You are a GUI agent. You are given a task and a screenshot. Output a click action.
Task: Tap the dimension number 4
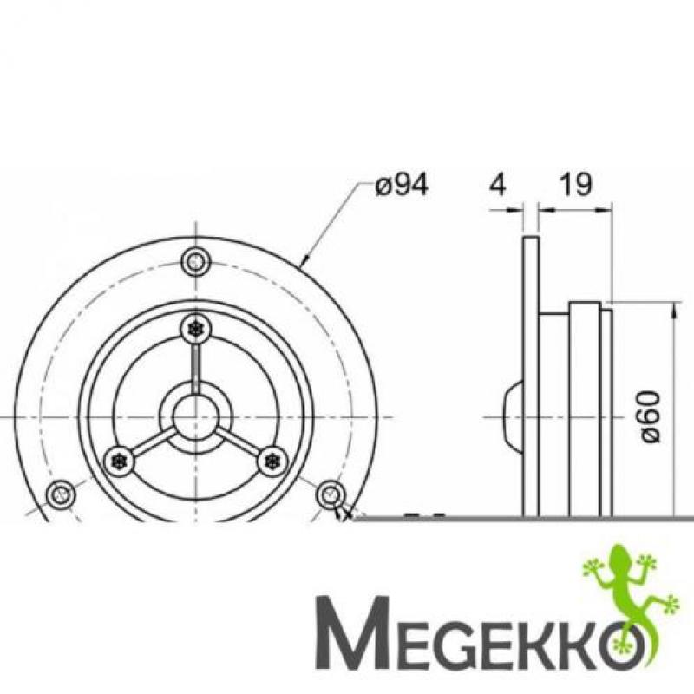pyautogui.click(x=498, y=184)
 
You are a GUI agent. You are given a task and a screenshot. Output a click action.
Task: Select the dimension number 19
pyautogui.click(x=575, y=184)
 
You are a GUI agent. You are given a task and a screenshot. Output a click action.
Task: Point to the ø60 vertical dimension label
pyautogui.click(x=651, y=416)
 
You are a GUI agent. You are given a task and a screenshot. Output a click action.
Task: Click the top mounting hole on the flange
pyautogui.click(x=196, y=262)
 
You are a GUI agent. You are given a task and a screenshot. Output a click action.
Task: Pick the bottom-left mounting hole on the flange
pyautogui.click(x=60, y=494)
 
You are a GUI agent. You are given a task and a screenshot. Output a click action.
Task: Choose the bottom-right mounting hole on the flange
pyautogui.click(x=331, y=494)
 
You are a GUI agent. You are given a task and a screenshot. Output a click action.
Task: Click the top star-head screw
pyautogui.click(x=195, y=329)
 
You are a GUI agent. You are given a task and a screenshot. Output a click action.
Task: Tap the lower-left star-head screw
pyautogui.click(x=119, y=462)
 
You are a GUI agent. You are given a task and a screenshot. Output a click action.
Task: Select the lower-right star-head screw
pyautogui.click(x=272, y=462)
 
